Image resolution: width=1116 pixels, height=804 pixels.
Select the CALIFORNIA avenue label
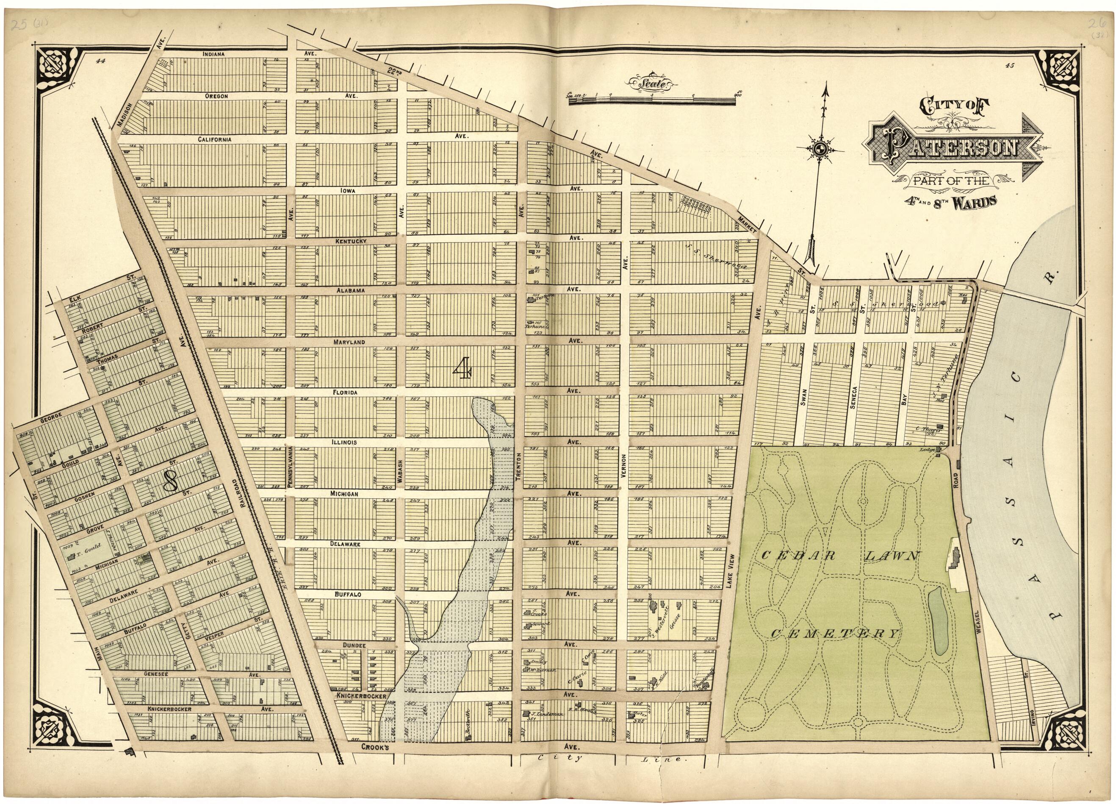pos(215,140)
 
